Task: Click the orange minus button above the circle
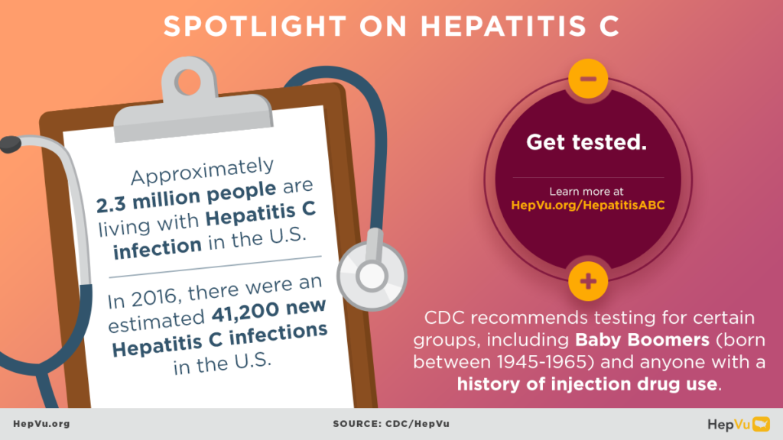point(588,79)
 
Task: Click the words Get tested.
point(586,142)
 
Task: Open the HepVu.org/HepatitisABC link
point(587,205)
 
